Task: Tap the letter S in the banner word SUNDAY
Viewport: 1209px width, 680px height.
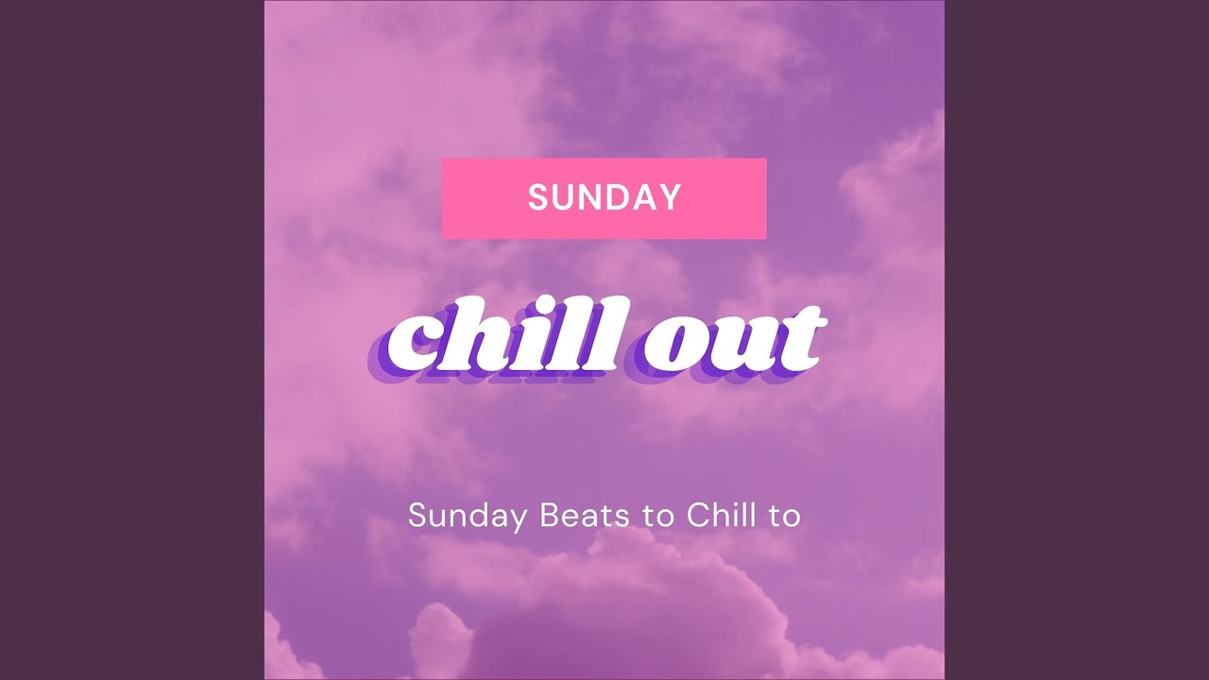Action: pos(538,197)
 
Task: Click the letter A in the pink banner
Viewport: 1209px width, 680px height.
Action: pos(645,197)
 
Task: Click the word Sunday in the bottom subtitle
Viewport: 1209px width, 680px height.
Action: pos(468,517)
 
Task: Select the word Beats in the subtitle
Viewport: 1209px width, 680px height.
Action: pos(576,516)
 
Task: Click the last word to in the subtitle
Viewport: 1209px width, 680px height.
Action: pos(786,517)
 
